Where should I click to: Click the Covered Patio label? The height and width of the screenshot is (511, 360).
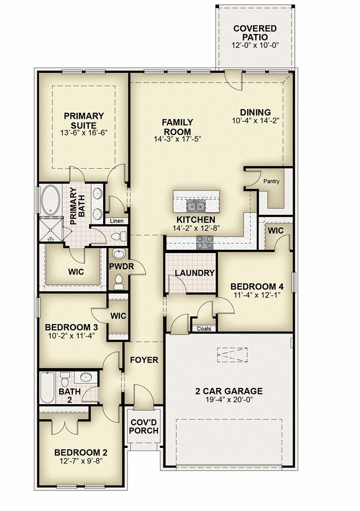tap(255, 33)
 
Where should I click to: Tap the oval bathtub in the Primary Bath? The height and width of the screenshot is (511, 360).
tap(50, 200)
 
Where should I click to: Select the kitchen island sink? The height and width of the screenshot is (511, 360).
tap(196, 206)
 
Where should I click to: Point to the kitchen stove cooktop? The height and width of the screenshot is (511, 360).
tap(205, 242)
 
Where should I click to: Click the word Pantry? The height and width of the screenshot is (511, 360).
tap(271, 181)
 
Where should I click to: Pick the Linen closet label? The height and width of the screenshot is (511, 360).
tap(117, 221)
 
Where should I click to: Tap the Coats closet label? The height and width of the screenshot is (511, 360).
tap(204, 329)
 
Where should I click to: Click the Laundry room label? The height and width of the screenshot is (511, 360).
tap(195, 273)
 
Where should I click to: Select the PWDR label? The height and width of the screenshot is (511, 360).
tap(121, 267)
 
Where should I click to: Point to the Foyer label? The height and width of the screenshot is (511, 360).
tap(144, 360)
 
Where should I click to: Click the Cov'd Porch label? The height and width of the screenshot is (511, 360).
tap(144, 427)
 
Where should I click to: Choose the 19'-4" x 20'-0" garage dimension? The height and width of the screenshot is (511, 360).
tap(229, 399)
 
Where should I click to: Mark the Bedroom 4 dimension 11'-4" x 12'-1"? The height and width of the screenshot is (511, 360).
tap(257, 295)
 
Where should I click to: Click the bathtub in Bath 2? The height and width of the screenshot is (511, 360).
tap(47, 387)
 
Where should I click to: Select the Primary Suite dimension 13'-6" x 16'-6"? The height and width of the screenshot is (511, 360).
tap(84, 133)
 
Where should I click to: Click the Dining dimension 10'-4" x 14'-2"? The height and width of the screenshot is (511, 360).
tap(256, 121)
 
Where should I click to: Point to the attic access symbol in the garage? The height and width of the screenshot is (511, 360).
tap(233, 355)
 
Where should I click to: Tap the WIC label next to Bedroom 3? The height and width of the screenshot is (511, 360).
tap(118, 316)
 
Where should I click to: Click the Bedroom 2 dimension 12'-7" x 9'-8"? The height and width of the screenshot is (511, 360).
tap(81, 461)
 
